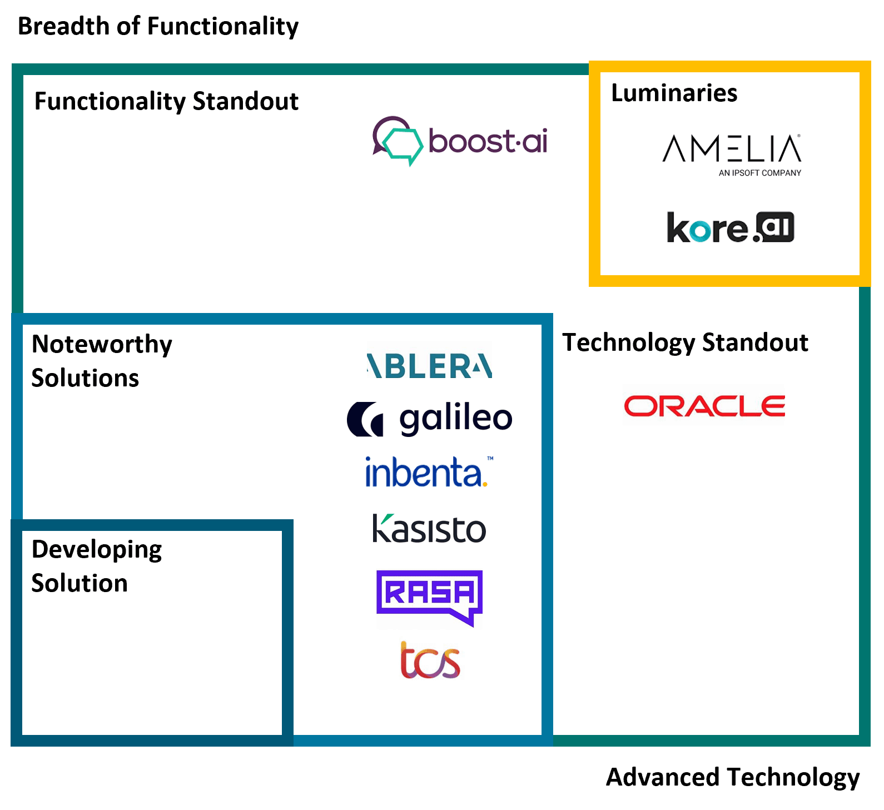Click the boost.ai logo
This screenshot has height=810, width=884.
[460, 141]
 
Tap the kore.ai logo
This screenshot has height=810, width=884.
[731, 227]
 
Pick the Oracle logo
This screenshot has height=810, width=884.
[704, 406]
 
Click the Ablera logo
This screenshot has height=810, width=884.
[429, 366]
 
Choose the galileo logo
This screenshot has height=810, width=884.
[429, 419]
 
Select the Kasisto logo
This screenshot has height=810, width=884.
[429, 529]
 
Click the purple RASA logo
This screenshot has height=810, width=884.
[429, 597]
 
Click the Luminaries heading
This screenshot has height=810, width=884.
[674, 93]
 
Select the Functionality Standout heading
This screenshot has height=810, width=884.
[166, 101]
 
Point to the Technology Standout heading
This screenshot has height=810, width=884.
[685, 342]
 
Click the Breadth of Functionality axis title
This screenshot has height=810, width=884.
[158, 26]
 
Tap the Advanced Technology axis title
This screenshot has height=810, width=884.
[733, 777]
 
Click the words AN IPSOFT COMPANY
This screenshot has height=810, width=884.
[760, 173]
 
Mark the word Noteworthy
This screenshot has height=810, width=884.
[102, 344]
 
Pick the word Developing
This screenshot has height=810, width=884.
[97, 549]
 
